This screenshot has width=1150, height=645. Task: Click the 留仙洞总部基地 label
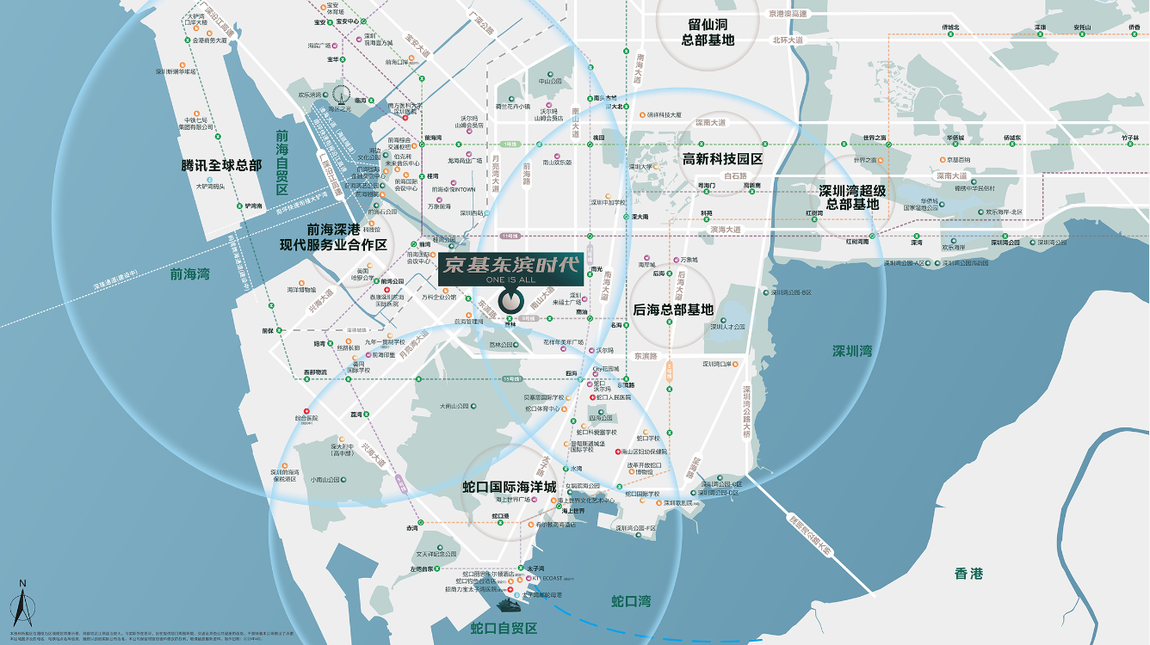708,33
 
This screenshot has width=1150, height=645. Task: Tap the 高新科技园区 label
723,159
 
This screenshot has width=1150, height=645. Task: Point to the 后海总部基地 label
673,310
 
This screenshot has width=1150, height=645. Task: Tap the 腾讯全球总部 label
221,165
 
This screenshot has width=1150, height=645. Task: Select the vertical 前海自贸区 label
281,163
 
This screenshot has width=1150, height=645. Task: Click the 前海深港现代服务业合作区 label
333,237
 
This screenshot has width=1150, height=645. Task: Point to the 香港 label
968,574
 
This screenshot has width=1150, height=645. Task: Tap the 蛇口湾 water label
631,600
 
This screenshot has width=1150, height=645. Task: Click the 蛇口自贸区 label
504,629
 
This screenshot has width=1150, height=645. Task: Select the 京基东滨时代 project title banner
510,264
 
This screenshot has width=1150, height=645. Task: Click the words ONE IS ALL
510,279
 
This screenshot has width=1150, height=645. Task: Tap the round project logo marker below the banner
511,302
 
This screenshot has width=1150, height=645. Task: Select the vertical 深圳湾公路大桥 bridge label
747,412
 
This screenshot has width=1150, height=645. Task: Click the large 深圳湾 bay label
852,351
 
